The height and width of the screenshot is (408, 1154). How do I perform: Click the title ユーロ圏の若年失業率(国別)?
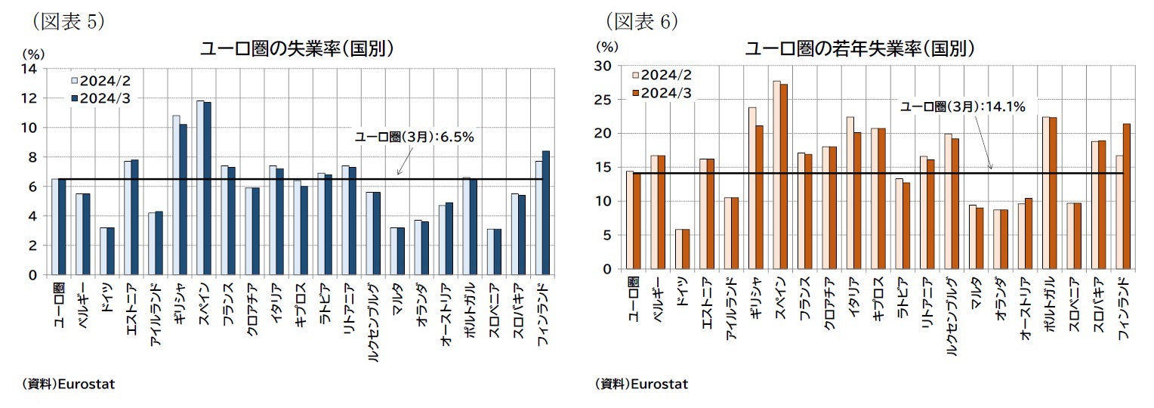(859, 49)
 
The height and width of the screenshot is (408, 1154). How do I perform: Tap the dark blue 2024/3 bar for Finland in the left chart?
(546, 213)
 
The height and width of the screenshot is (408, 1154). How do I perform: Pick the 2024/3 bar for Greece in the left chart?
(183, 199)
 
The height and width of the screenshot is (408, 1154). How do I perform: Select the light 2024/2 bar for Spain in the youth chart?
(776, 175)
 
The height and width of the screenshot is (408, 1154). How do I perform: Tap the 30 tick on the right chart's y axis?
(602, 66)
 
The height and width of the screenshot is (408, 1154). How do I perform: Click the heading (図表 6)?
(641, 20)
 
